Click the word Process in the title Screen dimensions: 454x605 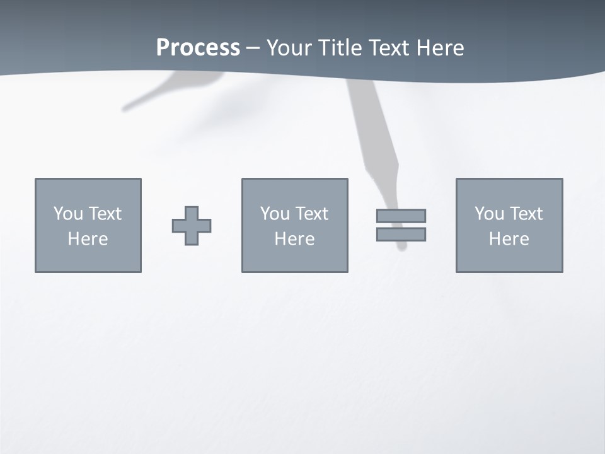click(x=198, y=48)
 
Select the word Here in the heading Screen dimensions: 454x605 click(x=441, y=48)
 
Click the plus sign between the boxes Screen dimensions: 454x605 click(x=192, y=226)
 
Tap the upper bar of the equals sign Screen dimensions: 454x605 click(x=401, y=216)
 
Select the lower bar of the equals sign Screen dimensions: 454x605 click(x=401, y=235)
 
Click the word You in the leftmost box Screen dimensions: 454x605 click(x=68, y=214)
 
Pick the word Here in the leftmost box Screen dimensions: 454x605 click(x=88, y=239)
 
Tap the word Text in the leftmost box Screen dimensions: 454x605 click(x=104, y=214)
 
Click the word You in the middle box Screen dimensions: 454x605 click(x=275, y=214)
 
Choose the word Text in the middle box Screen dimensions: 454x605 click(x=311, y=214)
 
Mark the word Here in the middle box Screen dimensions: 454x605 click(x=294, y=239)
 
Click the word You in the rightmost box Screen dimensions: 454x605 click(x=489, y=214)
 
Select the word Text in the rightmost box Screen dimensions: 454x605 click(x=525, y=214)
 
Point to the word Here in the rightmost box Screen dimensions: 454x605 click(x=509, y=239)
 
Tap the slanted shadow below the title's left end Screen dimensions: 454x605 click(x=151, y=95)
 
